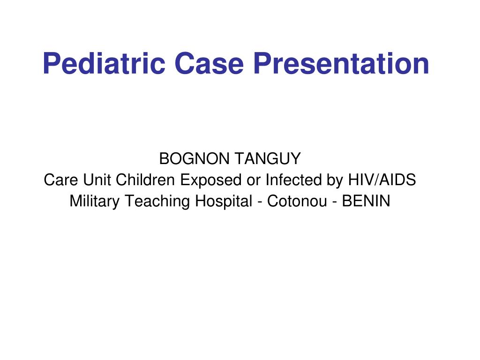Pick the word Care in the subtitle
tap(60, 180)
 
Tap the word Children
tap(145, 180)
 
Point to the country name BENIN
tap(366, 201)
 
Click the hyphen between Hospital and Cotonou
tap(260, 202)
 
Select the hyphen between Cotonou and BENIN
tap(335, 202)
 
